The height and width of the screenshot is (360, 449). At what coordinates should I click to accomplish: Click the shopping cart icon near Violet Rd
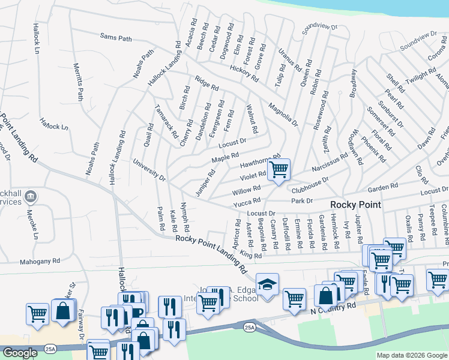click(x=279, y=170)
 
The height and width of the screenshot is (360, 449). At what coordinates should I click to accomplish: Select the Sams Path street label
click(x=116, y=38)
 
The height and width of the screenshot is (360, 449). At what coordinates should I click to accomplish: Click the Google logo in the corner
click(x=20, y=353)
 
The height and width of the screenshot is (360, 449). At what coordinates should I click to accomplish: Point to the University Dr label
click(x=149, y=169)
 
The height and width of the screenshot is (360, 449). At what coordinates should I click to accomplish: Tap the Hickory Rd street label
click(x=244, y=74)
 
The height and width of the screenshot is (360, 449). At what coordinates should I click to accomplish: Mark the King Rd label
click(x=251, y=255)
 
